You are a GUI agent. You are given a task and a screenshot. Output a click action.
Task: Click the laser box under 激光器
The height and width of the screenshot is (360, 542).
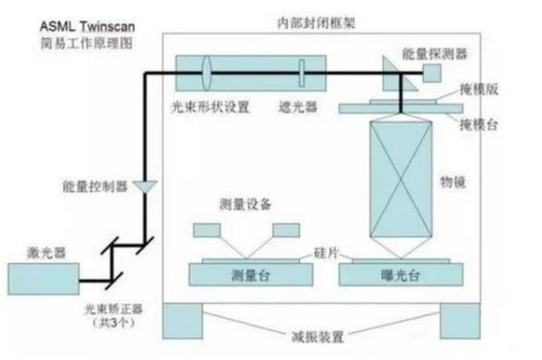(x=43, y=279)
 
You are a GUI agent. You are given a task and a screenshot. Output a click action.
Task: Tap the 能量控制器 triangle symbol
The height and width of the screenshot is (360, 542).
(x=146, y=185)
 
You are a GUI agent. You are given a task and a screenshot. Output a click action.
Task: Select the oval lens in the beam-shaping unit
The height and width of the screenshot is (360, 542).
(x=207, y=73)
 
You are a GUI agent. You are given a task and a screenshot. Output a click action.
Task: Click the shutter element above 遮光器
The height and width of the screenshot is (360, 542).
(x=302, y=73)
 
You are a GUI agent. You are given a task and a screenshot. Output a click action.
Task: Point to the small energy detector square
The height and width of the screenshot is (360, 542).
(x=432, y=73)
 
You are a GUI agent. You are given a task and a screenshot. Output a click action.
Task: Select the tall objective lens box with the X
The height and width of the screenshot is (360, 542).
(x=401, y=179)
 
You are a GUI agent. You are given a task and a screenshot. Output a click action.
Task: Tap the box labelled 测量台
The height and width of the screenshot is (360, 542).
(x=251, y=274)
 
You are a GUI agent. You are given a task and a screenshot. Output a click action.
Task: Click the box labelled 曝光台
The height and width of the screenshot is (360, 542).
(x=401, y=274)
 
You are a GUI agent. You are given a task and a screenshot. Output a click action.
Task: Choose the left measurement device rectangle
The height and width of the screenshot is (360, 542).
(x=207, y=230)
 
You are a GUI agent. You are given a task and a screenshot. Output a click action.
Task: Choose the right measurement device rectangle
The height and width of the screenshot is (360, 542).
(x=286, y=230)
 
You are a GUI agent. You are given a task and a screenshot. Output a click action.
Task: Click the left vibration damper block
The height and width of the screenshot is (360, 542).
(x=183, y=321)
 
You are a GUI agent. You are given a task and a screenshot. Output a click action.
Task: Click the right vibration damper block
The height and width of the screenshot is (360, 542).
(x=460, y=321)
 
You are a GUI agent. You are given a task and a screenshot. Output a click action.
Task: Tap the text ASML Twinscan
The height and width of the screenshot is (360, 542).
(x=87, y=26)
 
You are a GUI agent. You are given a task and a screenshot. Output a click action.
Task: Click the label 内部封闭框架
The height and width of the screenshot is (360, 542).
(x=316, y=24)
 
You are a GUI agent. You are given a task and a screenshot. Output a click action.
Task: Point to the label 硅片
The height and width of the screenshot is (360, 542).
(x=326, y=253)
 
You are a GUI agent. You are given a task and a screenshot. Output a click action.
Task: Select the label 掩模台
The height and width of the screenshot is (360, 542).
(x=478, y=124)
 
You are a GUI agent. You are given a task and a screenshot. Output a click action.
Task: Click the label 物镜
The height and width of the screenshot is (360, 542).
(x=453, y=182)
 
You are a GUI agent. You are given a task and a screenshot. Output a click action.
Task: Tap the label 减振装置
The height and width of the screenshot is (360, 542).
(x=318, y=336)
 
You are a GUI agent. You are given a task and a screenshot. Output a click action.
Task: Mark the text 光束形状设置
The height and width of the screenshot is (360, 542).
(x=210, y=107)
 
